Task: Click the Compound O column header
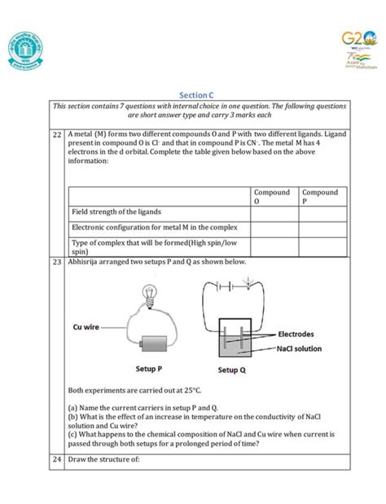coord(273,196)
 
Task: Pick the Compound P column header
coord(321,196)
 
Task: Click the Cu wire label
coord(86,327)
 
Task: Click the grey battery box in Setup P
coord(157,345)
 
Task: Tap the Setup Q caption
coord(237,369)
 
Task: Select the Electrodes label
coord(301,334)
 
